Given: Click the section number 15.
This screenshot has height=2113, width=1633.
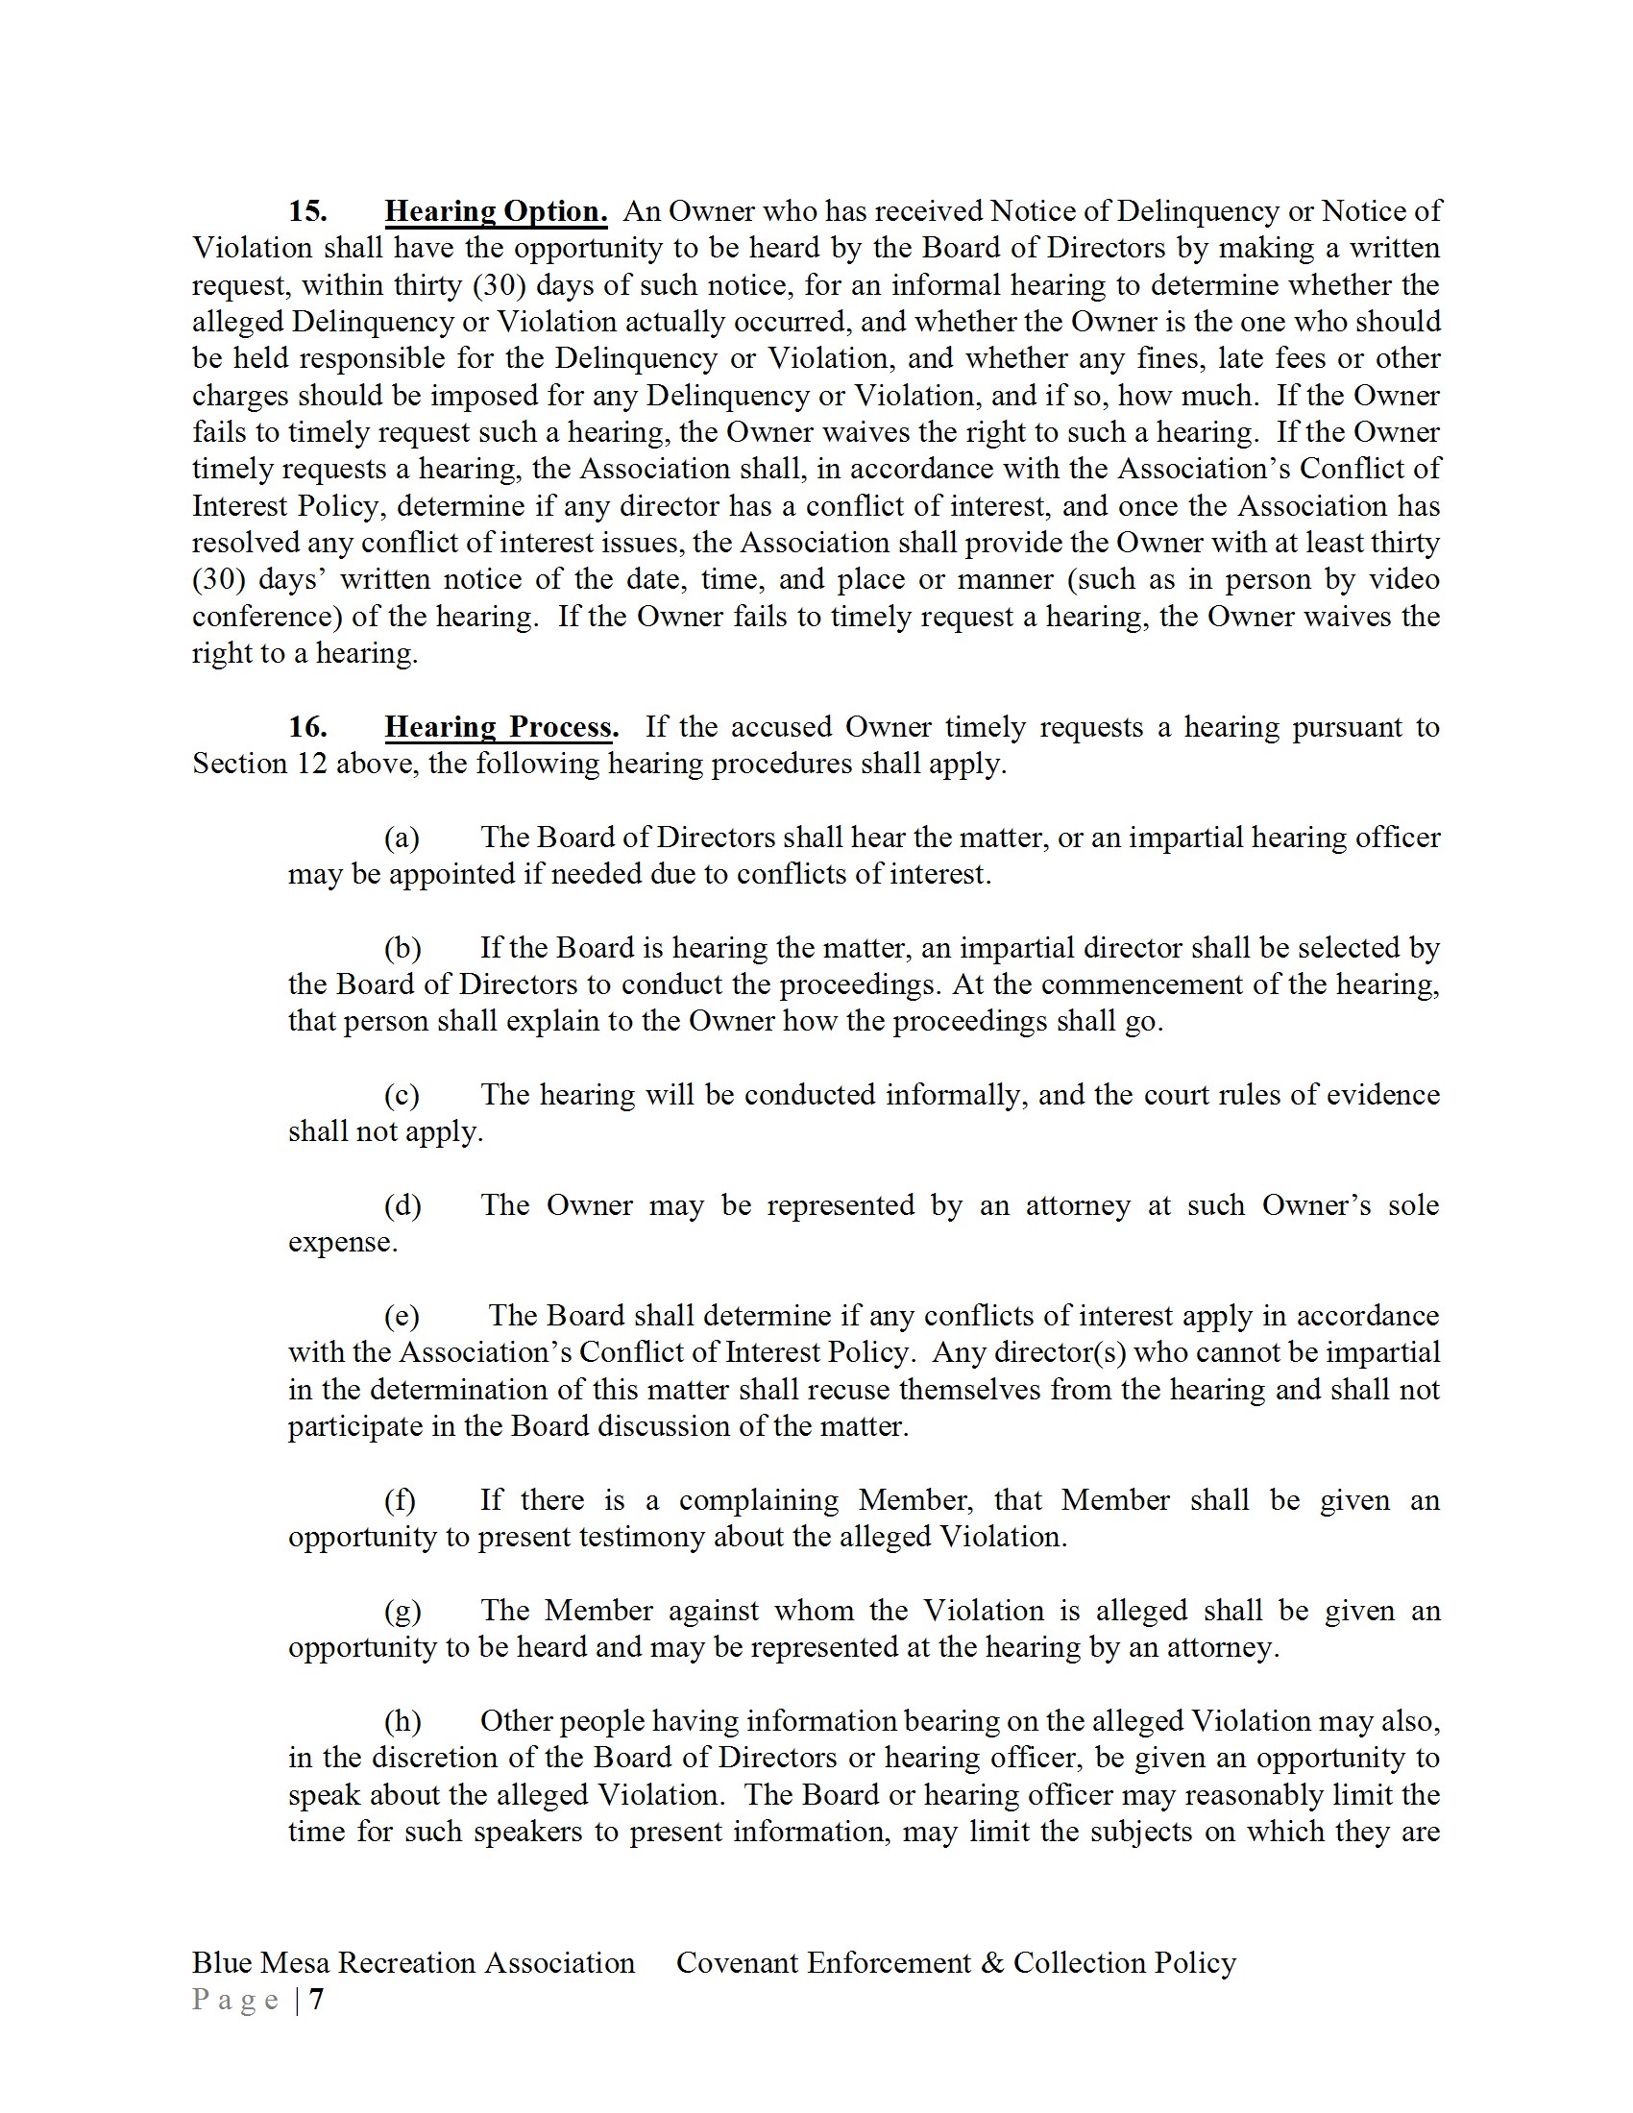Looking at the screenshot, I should pyautogui.click(x=307, y=211).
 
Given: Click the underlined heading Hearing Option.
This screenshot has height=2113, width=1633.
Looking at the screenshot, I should pyautogui.click(x=496, y=211).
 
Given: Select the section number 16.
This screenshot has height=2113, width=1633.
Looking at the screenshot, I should pyautogui.click(x=307, y=727).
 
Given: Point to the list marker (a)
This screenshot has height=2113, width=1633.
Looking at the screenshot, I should pyautogui.click(x=402, y=837).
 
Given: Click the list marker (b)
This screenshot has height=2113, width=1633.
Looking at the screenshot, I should pyautogui.click(x=402, y=947).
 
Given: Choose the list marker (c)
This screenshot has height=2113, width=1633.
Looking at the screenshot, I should pyautogui.click(x=402, y=1094).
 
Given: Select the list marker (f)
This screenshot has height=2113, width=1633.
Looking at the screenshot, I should pyautogui.click(x=400, y=1499).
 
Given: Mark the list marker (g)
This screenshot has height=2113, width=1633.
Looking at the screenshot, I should pyautogui.click(x=402, y=1610).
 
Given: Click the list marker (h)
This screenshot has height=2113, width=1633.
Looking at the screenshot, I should pyautogui.click(x=402, y=1721).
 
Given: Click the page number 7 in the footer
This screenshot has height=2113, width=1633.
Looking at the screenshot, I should pyautogui.click(x=316, y=1999).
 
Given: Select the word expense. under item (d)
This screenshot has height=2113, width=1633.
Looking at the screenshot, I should pyautogui.click(x=343, y=1241).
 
